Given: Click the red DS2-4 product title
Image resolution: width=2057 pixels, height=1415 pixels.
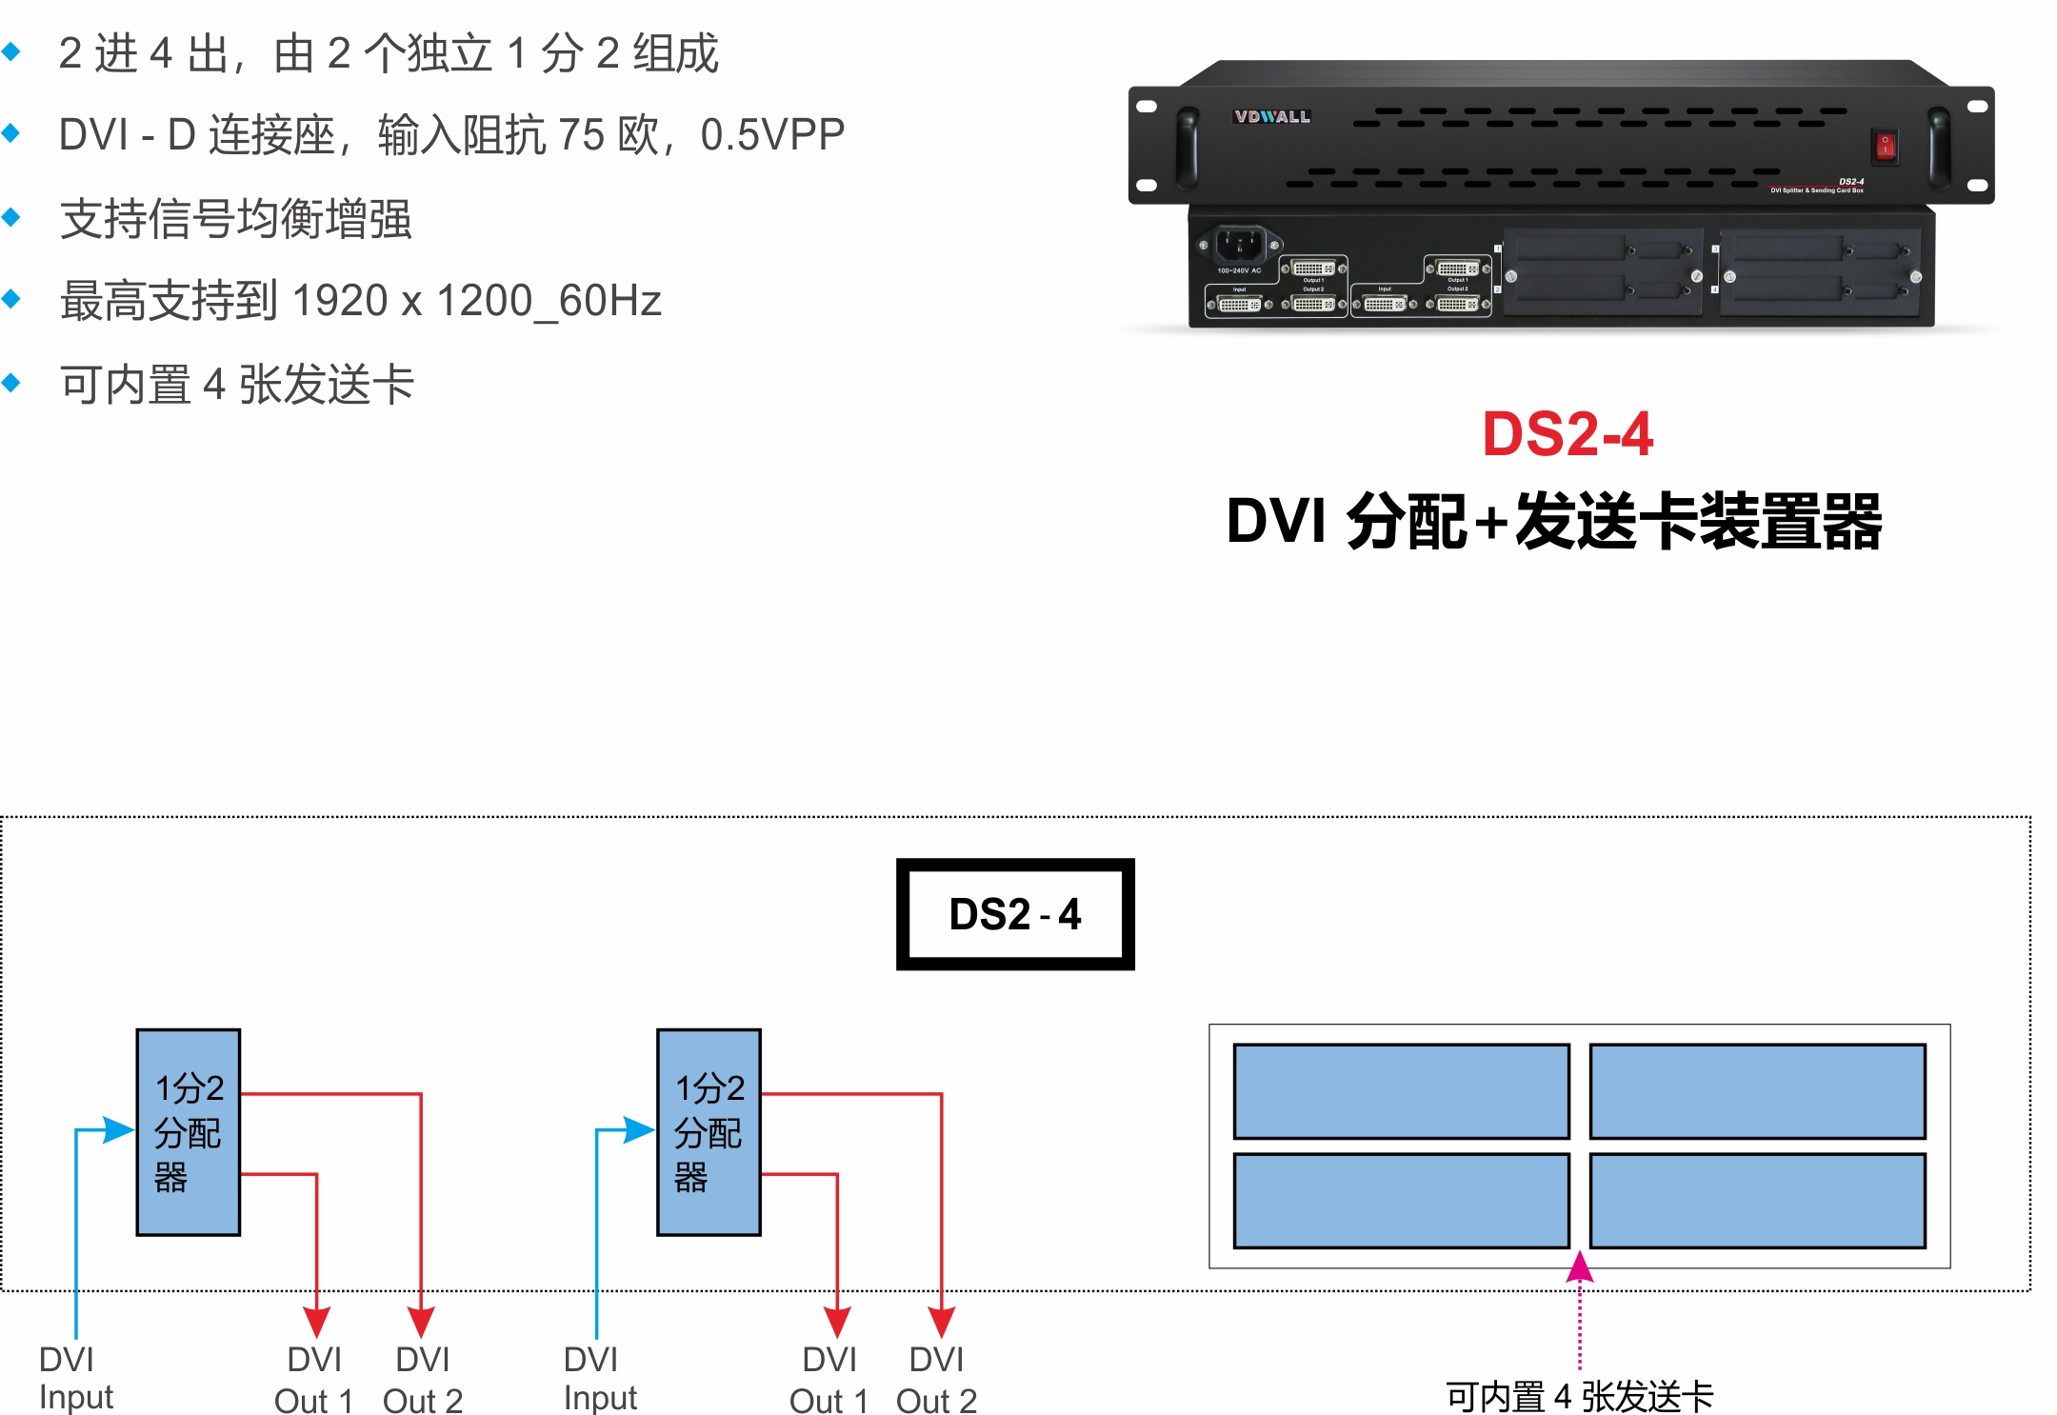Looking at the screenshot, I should pos(1568,434).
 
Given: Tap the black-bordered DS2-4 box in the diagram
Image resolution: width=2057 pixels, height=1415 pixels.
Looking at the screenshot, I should pos(1015,914).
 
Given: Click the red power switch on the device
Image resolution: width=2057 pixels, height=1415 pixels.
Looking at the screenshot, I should pos(1885,146).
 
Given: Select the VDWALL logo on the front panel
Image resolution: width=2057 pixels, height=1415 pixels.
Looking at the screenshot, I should pos(1271,117).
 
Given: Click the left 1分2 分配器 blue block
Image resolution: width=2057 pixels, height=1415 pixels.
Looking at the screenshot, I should pos(189,1131).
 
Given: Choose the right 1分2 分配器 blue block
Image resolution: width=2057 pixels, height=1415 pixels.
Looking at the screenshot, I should pos(709,1131).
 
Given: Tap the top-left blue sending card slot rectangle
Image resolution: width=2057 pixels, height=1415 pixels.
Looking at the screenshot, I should pos(1401,1091).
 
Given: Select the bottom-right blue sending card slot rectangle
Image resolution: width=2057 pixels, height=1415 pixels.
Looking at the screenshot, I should pos(1757,1200).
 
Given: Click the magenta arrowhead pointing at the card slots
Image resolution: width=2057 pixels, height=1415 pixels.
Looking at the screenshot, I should pos(1580,1267).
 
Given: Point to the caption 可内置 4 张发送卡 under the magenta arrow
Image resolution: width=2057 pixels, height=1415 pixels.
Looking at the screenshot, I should pos(1579,1397).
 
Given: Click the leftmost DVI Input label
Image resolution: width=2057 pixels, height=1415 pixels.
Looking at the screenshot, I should pos(75,1378).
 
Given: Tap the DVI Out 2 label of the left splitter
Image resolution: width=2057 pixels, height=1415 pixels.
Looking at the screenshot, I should pos(423,1380).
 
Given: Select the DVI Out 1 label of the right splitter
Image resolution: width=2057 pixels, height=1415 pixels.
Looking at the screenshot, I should pos(829,1380).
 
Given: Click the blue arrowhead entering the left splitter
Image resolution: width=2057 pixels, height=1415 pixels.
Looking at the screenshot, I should pos(119,1130).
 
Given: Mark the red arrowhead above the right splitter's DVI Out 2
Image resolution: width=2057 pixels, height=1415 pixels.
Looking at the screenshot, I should pos(941,1322).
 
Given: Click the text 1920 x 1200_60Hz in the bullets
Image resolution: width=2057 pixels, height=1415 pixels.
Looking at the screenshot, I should pos(476,301).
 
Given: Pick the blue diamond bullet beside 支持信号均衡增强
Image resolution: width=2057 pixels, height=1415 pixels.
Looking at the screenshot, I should pos(11,217).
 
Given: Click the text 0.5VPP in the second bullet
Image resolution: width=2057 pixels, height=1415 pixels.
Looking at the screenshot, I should pos(772,134).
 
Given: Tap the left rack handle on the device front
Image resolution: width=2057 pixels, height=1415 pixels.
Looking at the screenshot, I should pos(1188,144).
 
